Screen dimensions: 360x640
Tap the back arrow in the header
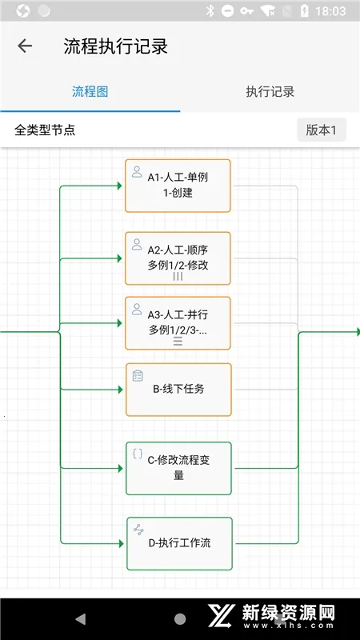(25, 46)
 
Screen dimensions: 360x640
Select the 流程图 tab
(90, 91)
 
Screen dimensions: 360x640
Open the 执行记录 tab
(270, 91)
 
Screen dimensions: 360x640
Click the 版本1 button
(322, 130)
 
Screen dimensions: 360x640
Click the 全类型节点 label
(45, 130)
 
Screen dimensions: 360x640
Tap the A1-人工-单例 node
(178, 186)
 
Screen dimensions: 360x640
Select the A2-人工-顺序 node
(178, 258)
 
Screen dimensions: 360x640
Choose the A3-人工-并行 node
(178, 323)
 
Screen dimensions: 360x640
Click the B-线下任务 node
(178, 390)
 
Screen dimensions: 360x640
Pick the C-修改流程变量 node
(178, 468)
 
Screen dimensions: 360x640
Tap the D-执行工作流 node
(179, 543)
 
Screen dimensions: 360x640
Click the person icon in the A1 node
(137, 172)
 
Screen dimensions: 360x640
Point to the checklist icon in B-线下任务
(138, 375)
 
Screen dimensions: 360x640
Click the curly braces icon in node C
(138, 454)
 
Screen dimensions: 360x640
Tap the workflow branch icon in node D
(138, 530)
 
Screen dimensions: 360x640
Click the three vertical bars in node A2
(178, 277)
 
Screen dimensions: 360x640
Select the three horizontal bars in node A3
(178, 342)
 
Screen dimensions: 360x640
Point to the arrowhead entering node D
(121, 544)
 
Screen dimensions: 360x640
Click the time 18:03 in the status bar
(330, 11)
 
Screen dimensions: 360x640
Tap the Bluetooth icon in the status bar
(210, 11)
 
